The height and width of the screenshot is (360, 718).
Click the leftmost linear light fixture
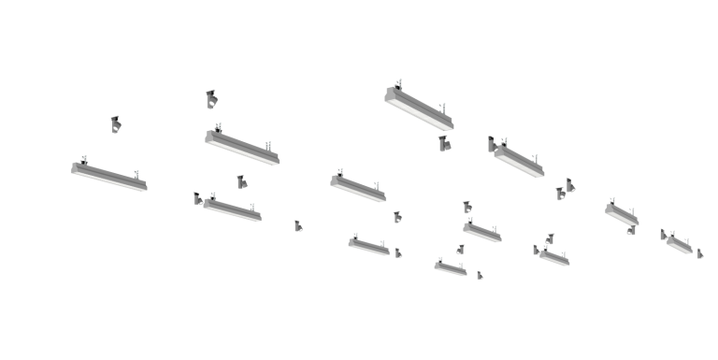click(108, 176)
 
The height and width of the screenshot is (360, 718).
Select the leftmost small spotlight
click(115, 124)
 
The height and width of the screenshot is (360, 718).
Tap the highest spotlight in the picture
click(211, 98)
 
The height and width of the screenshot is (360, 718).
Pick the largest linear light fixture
click(419, 107)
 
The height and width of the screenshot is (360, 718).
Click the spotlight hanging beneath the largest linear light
click(443, 143)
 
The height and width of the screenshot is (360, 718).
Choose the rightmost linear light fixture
click(680, 243)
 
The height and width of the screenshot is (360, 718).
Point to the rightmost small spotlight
click(699, 252)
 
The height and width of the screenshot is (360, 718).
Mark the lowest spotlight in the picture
click(480, 275)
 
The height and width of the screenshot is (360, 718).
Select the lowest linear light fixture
click(450, 268)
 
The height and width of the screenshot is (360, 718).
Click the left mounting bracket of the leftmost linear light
click(82, 159)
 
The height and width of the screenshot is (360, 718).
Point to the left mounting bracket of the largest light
click(399, 84)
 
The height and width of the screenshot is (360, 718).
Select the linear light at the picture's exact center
click(357, 186)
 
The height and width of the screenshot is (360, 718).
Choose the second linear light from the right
click(622, 214)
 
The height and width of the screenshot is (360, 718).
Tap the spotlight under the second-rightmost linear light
click(631, 230)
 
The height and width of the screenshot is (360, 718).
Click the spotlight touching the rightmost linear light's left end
click(663, 234)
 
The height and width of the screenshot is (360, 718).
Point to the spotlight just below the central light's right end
click(397, 217)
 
